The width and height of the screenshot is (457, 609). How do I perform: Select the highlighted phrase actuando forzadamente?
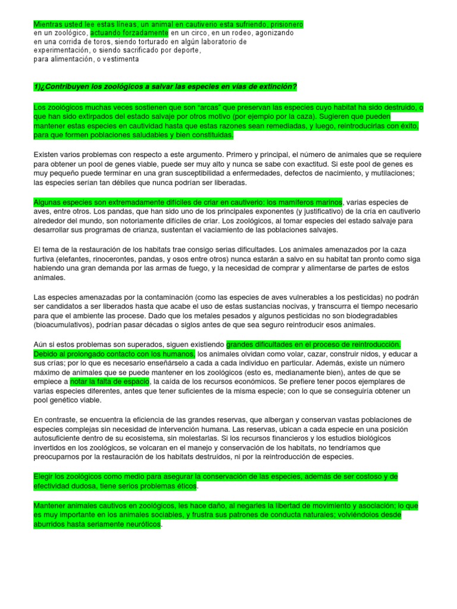click(x=129, y=33)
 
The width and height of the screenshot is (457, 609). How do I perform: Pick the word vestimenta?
click(x=121, y=59)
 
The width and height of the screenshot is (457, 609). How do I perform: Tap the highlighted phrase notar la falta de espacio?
click(x=109, y=382)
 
